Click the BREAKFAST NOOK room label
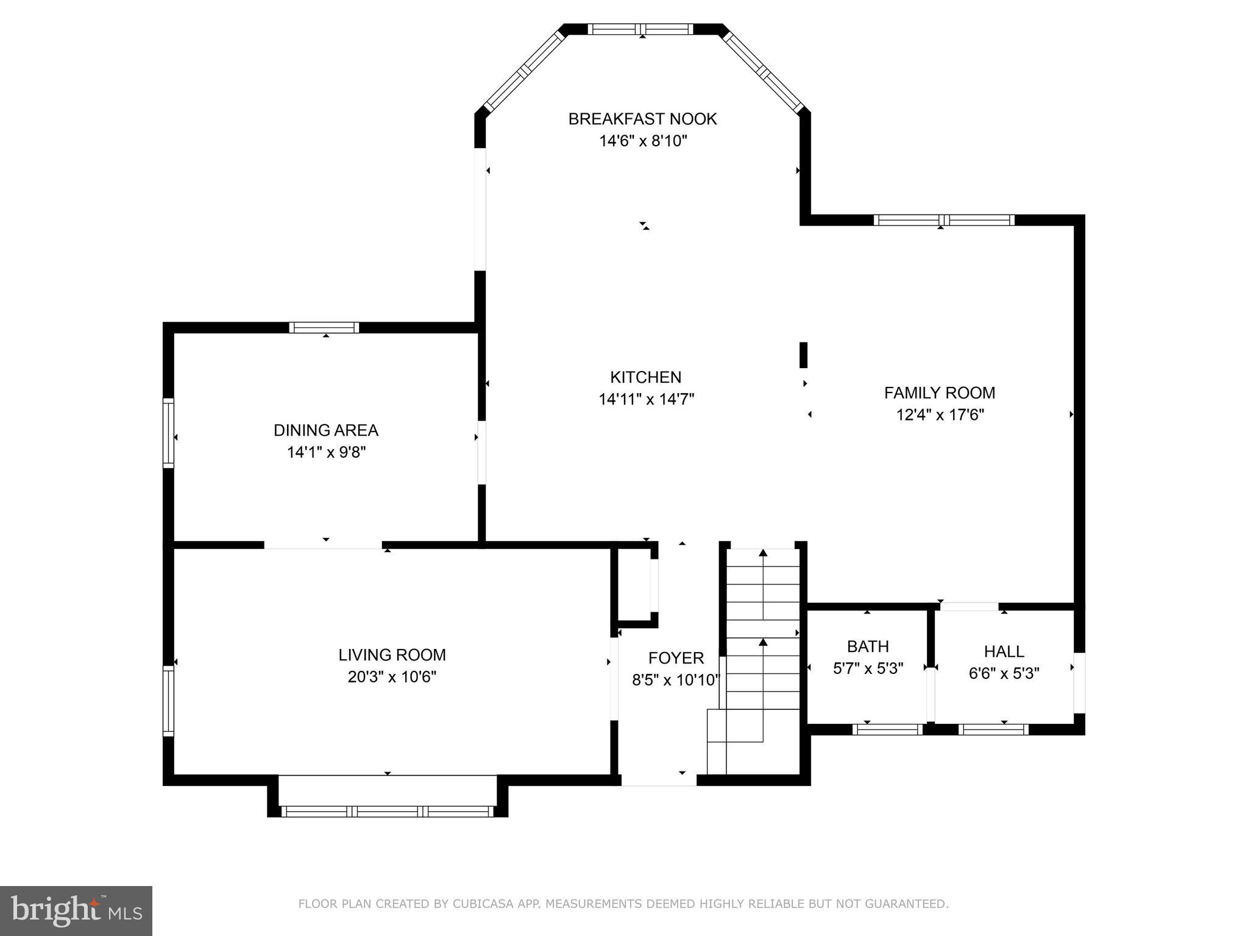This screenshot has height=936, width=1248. pos(642,119)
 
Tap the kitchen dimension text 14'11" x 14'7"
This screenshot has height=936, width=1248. pos(647,399)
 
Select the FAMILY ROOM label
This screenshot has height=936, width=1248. pos(940,393)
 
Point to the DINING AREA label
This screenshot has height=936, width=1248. pos(326,430)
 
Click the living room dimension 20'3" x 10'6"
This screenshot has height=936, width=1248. pos(392,677)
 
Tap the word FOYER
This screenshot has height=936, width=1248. pos(676,658)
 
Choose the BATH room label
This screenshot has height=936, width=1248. pos(868,646)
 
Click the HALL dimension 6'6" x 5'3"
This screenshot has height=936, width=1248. pos(1004,673)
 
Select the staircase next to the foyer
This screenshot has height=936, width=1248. pos(754,661)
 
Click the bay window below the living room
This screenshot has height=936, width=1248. pos(387,811)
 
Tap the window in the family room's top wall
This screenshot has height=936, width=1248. pos(944,220)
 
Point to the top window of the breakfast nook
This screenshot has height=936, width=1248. pos(640,29)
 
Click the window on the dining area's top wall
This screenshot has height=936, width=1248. pos(324,327)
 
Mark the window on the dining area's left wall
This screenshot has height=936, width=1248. pos(168,433)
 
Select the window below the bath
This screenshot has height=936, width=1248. pos(888,729)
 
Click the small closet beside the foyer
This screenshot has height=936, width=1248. pos(634,584)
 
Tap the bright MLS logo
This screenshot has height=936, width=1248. pos(76,910)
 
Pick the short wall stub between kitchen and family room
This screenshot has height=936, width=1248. pos(803,355)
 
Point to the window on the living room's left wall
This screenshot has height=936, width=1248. pos(168,701)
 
